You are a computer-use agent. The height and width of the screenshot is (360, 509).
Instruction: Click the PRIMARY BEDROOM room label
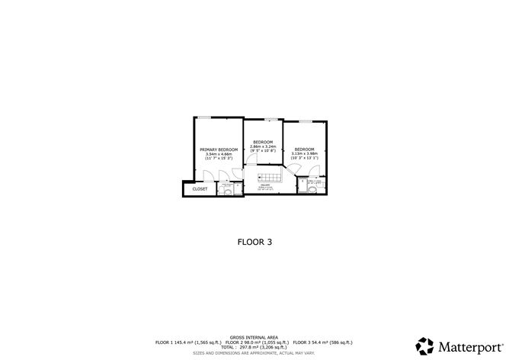tap(219, 149)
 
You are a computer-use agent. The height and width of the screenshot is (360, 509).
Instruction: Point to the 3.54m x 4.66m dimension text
tap(219, 154)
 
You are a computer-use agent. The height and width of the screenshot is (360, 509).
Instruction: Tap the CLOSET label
tap(200, 188)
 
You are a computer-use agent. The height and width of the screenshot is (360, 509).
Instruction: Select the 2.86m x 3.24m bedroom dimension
tap(264, 147)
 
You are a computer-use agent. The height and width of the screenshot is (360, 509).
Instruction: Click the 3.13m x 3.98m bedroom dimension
tap(305, 153)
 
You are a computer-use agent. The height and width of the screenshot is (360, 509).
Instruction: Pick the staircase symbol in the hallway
tap(271, 178)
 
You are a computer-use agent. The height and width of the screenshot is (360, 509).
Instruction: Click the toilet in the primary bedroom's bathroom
tap(228, 191)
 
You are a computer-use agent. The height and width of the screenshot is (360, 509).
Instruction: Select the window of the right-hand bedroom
tap(305, 121)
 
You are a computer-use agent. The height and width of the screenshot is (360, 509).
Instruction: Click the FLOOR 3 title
tap(254, 242)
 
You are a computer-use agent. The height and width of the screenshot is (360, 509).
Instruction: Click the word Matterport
tap(467, 345)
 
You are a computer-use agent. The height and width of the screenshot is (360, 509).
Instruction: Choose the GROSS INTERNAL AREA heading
tap(254, 336)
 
